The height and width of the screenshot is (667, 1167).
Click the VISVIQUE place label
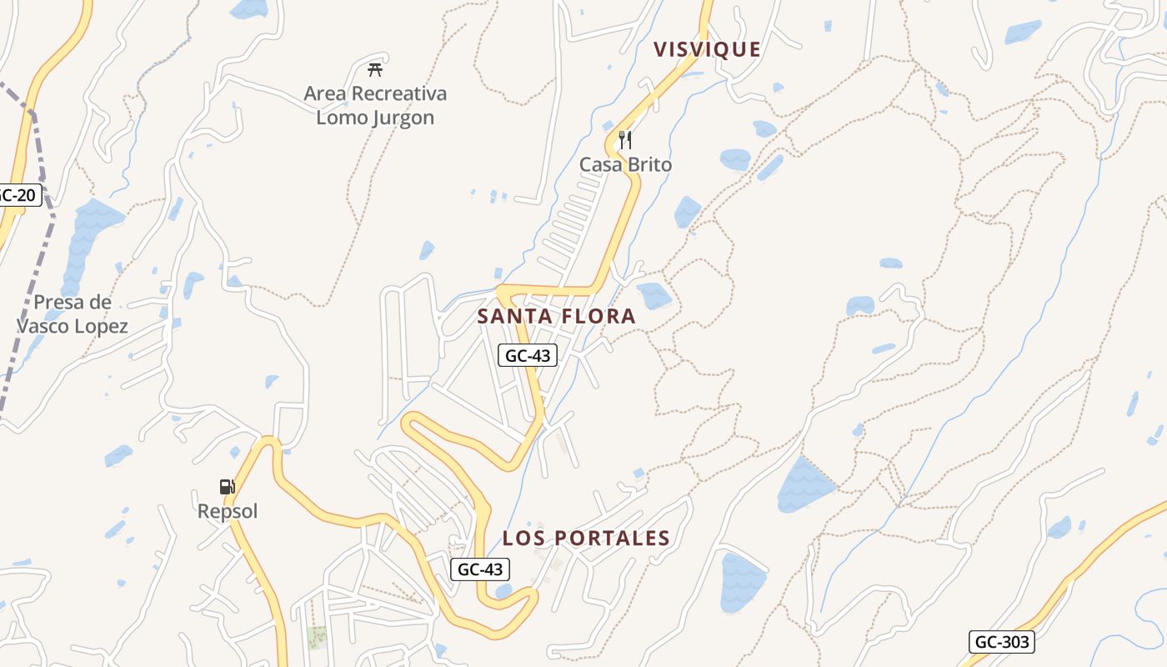click(x=707, y=49)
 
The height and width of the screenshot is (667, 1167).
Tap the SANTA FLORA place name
click(x=556, y=317)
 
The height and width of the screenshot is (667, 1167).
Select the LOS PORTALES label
click(x=586, y=539)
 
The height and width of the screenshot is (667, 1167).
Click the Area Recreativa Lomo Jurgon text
click(x=375, y=105)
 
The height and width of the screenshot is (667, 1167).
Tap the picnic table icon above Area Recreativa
click(x=375, y=69)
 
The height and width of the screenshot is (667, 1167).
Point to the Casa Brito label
click(x=625, y=165)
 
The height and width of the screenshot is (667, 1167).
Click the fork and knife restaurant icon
click(x=625, y=140)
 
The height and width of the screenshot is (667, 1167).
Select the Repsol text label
click(x=228, y=511)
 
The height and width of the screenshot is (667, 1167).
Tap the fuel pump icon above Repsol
click(x=227, y=487)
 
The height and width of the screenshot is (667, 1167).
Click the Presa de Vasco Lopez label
click(x=73, y=313)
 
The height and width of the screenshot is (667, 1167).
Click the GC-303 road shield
click(x=1001, y=642)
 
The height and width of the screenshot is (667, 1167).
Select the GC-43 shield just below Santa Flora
click(x=528, y=356)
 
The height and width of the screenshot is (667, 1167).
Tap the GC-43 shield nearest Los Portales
click(x=480, y=569)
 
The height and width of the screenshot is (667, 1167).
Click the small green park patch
click(x=317, y=638)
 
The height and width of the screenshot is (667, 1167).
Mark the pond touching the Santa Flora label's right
click(x=654, y=295)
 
